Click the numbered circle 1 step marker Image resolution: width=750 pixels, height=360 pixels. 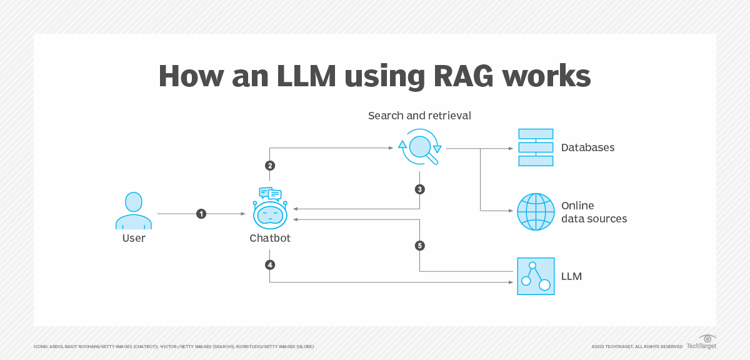pyautogui.click(x=201, y=214)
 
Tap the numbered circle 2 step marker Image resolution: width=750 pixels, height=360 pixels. pyautogui.click(x=270, y=166)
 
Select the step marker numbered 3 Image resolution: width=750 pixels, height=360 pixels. pyautogui.click(x=419, y=189)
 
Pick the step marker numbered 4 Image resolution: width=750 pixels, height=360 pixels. pyautogui.click(x=270, y=265)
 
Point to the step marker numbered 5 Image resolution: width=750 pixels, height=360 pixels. pyautogui.click(x=419, y=246)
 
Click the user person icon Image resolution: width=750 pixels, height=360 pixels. pyautogui.click(x=133, y=211)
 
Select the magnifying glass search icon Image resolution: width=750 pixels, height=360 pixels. pyautogui.click(x=420, y=147)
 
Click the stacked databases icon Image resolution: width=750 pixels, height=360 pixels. pyautogui.click(x=536, y=147)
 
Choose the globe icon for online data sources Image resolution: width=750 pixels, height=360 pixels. pyautogui.click(x=536, y=212)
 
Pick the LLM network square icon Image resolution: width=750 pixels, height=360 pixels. pyautogui.click(x=536, y=276)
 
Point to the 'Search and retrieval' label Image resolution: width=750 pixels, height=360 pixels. pyautogui.click(x=419, y=116)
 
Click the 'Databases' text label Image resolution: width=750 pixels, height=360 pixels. pyautogui.click(x=587, y=148)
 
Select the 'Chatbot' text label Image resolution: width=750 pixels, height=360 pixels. pyautogui.click(x=270, y=238)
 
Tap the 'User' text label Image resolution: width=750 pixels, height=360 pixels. pyautogui.click(x=134, y=238)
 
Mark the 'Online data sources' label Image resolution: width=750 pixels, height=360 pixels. pyautogui.click(x=594, y=212)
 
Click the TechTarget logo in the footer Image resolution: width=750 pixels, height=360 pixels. pyautogui.click(x=701, y=342)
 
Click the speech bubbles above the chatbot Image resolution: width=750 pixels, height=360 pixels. pyautogui.click(x=270, y=194)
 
